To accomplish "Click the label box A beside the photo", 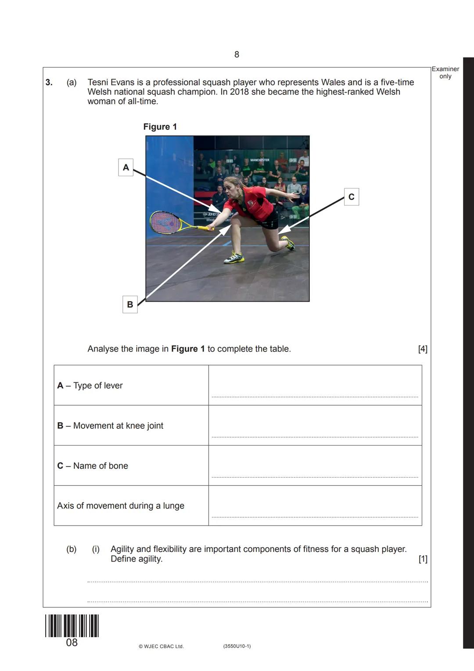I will click(126, 167).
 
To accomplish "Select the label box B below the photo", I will click(130, 304).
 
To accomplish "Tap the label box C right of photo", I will click(351, 197).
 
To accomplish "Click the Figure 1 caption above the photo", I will click(160, 127).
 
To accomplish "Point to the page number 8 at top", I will click(237, 54).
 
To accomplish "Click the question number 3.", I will click(49, 82).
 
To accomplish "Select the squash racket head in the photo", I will click(164, 222).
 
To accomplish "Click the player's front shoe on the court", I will click(234, 258).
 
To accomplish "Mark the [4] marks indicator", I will click(422, 349).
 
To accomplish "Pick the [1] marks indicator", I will click(422, 559).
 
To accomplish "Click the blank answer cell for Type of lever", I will click(315, 385).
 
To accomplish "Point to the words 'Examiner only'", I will click(445, 73).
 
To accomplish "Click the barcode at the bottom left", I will click(72, 626).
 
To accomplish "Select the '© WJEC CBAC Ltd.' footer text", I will click(161, 646).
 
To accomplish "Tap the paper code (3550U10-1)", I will click(237, 646).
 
